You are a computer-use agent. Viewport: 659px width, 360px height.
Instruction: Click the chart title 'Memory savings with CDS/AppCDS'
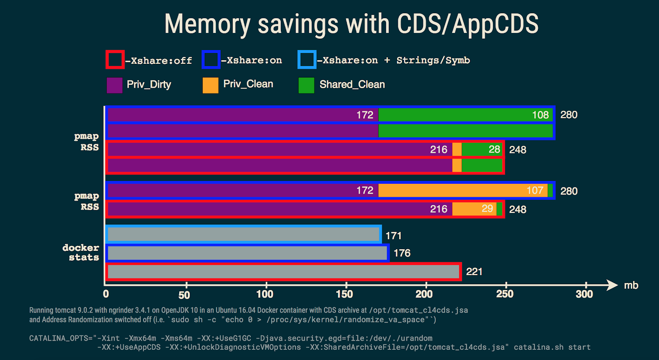click(x=351, y=24)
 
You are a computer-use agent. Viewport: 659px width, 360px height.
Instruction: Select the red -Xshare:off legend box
click(x=115, y=60)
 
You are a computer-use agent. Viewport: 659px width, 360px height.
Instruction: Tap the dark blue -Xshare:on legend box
click(x=211, y=60)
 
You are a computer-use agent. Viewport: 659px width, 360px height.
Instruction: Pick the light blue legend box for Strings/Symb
click(x=307, y=60)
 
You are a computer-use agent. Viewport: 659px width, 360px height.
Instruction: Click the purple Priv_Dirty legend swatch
click(x=115, y=85)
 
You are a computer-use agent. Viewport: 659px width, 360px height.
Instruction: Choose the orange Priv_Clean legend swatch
click(x=210, y=85)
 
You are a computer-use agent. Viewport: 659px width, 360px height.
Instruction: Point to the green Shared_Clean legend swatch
click(x=306, y=85)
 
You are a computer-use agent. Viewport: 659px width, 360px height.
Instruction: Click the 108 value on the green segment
click(x=540, y=115)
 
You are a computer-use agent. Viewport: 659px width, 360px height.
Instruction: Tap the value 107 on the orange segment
click(x=535, y=190)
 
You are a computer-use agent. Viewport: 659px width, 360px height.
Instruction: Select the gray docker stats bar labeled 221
click(x=283, y=272)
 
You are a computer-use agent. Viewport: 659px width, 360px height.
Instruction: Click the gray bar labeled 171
click(x=243, y=234)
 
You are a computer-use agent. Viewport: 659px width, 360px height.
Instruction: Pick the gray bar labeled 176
click(x=248, y=253)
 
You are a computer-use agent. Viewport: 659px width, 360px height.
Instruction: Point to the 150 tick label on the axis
click(x=344, y=294)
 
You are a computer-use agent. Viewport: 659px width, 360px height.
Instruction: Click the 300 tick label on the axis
click(x=584, y=294)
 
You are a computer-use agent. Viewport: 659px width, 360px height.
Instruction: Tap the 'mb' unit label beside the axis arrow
click(x=631, y=285)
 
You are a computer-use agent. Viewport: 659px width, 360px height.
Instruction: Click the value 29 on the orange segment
click(x=487, y=209)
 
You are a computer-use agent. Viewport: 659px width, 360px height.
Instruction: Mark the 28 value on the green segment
click(x=494, y=150)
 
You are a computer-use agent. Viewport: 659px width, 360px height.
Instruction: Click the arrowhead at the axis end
click(x=613, y=285)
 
